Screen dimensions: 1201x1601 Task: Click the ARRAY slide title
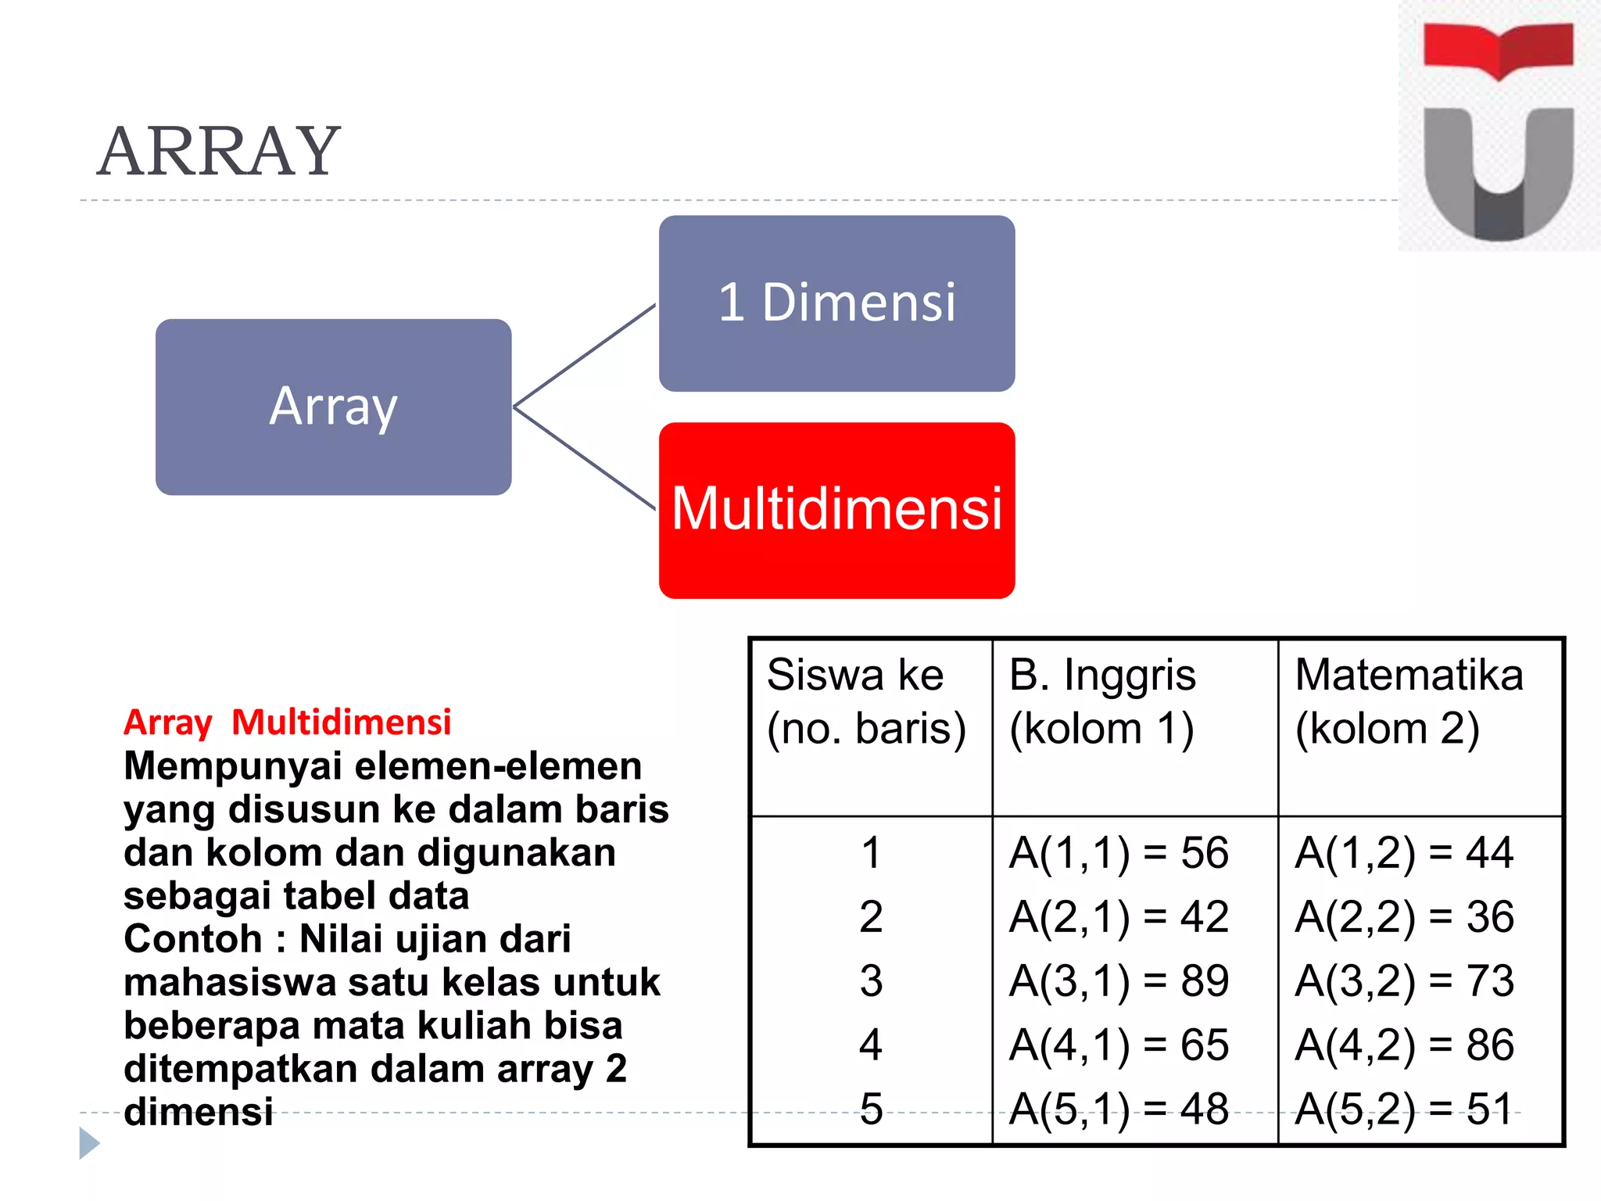tap(219, 152)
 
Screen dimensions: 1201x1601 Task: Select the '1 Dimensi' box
tap(836, 303)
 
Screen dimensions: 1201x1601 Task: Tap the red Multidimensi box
tap(836, 510)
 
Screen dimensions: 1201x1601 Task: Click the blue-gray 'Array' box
tap(333, 407)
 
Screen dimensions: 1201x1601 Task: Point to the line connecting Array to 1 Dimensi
tap(585, 355)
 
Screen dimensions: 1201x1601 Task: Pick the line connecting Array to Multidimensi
tap(585, 458)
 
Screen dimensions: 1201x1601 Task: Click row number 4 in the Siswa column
tap(871, 1045)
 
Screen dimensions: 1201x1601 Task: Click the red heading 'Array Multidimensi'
tap(288, 722)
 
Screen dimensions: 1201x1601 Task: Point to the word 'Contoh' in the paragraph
tap(192, 938)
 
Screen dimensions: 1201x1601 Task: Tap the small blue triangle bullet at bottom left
tap(89, 1143)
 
